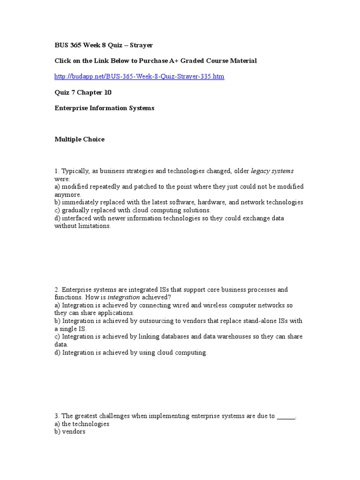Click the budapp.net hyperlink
pyautogui.click(x=139, y=76)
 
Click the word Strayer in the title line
pyautogui.click(x=141, y=45)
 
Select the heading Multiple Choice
pyautogui.click(x=79, y=139)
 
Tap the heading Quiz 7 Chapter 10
pyautogui.click(x=83, y=92)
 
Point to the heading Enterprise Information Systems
pyautogui.click(x=104, y=108)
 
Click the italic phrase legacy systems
pyautogui.click(x=272, y=171)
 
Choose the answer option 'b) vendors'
pyautogui.click(x=70, y=432)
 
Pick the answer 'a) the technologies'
pyautogui.click(x=82, y=424)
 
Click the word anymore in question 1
pyautogui.click(x=68, y=195)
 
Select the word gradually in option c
pyautogui.click(x=75, y=210)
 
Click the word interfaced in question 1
pyautogui.click(x=77, y=218)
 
